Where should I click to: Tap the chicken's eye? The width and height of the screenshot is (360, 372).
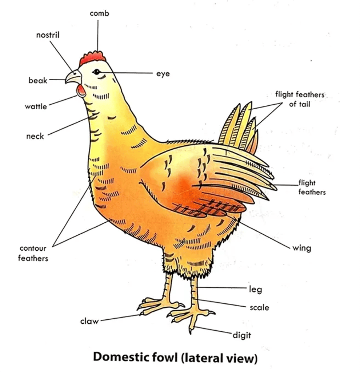pyautogui.click(x=96, y=72)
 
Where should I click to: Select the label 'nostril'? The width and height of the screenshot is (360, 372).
pyautogui.click(x=48, y=35)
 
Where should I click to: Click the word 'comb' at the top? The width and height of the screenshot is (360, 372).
pyautogui.click(x=99, y=13)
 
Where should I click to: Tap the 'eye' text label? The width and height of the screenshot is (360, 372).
pyautogui.click(x=163, y=74)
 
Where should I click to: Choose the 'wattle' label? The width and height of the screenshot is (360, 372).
pyautogui.click(x=36, y=106)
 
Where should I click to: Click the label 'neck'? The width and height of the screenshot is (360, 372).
pyautogui.click(x=35, y=136)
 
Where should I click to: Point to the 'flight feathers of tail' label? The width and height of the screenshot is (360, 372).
pyautogui.click(x=300, y=99)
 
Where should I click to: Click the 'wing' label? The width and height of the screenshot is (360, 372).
pyautogui.click(x=301, y=248)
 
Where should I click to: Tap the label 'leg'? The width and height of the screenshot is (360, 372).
pyautogui.click(x=255, y=290)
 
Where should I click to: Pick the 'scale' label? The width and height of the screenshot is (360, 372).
pyautogui.click(x=259, y=307)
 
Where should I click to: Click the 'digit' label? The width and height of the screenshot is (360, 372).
pyautogui.click(x=242, y=335)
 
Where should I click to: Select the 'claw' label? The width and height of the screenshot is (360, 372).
pyautogui.click(x=89, y=321)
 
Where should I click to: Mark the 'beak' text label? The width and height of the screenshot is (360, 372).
pyautogui.click(x=38, y=80)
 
